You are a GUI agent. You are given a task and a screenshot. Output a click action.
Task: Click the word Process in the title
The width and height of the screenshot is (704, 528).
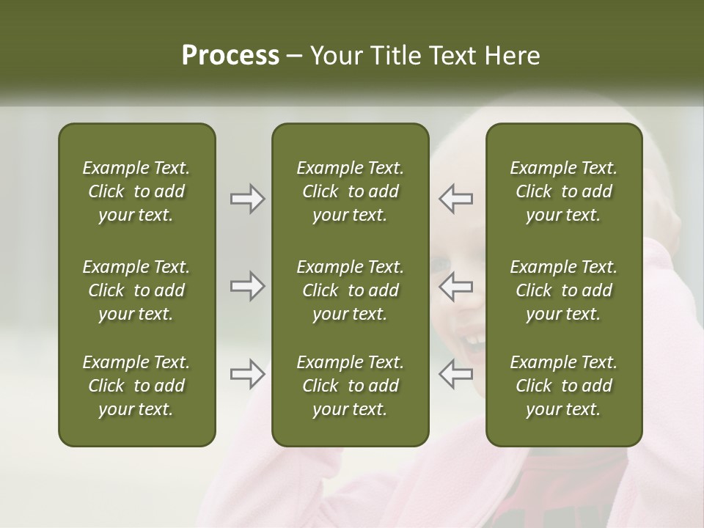[x=230, y=56]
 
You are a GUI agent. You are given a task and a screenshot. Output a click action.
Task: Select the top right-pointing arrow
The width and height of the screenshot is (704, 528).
[x=248, y=199]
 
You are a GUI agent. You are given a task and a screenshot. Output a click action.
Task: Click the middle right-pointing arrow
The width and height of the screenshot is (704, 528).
[x=248, y=286]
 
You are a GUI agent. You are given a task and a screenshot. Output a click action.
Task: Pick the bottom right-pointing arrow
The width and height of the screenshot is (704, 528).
[x=248, y=374]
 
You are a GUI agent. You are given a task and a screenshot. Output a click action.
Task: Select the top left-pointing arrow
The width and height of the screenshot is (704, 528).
[x=455, y=199]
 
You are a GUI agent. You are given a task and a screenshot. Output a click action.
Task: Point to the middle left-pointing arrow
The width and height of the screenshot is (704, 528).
[x=455, y=286]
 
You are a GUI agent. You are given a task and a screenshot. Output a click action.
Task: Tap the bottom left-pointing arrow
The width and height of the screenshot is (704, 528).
[x=455, y=374]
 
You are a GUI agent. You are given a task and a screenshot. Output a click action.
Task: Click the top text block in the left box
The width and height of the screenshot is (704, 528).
[x=136, y=191]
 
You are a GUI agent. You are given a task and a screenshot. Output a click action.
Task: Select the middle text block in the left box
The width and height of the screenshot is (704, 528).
[x=136, y=290]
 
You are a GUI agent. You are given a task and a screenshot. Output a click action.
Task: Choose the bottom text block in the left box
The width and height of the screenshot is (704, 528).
[x=136, y=386]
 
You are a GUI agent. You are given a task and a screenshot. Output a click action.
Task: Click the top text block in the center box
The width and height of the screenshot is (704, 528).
[x=350, y=191]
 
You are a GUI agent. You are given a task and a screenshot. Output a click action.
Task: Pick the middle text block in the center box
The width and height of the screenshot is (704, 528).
[x=350, y=290]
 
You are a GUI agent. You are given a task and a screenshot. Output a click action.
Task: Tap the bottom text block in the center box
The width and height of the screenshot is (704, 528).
[x=350, y=386]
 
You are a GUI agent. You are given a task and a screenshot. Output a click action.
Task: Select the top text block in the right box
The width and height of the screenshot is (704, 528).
[x=563, y=191]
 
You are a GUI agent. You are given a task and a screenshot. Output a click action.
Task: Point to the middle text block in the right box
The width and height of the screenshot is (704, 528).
[x=563, y=290]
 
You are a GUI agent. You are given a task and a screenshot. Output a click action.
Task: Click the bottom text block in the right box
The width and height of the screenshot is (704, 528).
[x=563, y=386]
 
